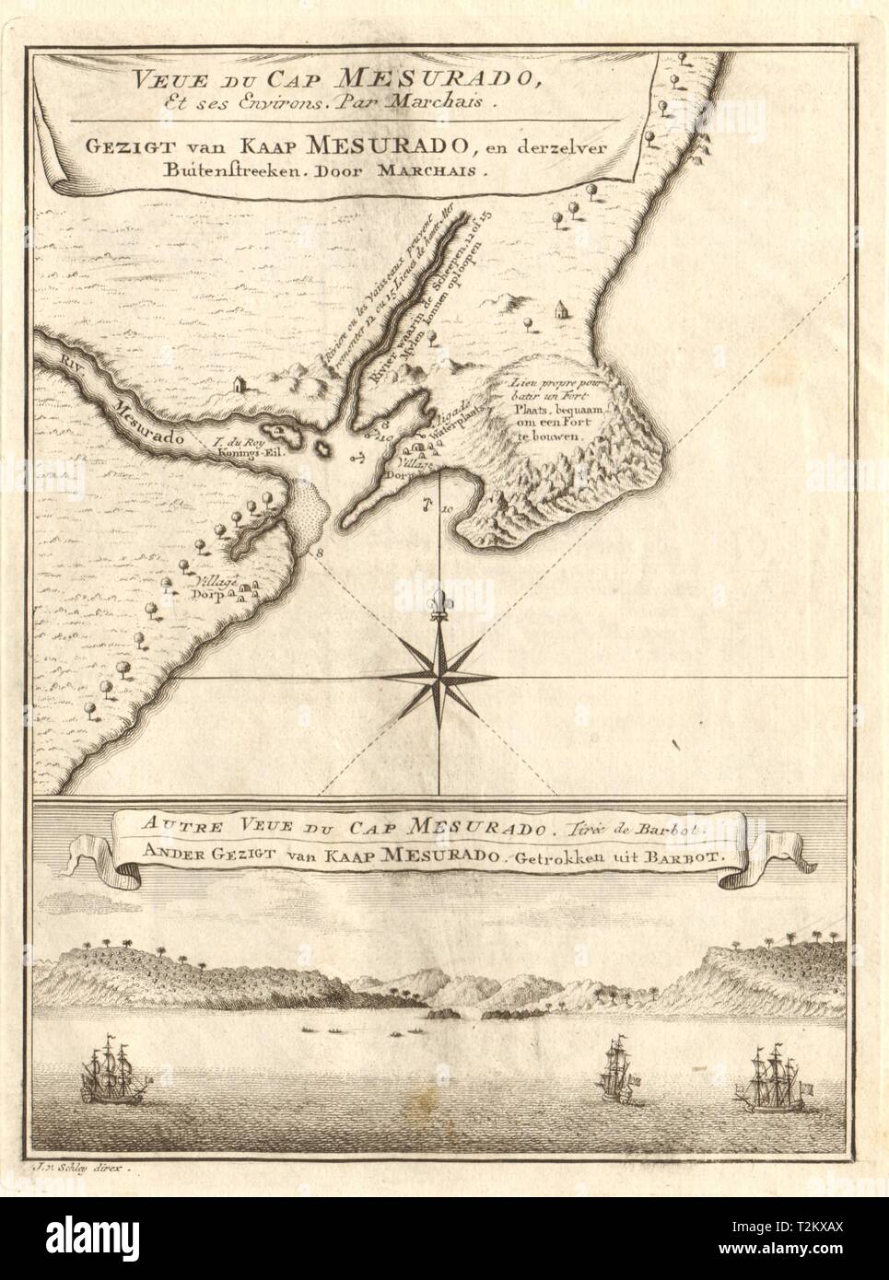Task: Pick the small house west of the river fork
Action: coord(240,381)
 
